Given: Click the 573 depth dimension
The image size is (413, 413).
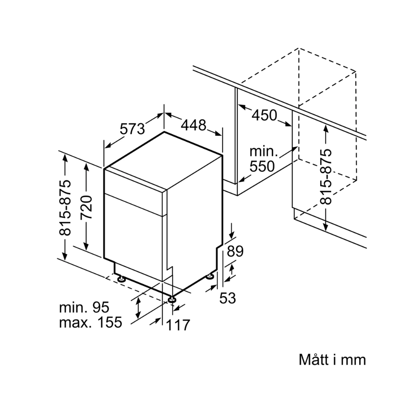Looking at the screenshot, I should point(133,129).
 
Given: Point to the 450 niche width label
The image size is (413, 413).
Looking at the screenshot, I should point(264,115).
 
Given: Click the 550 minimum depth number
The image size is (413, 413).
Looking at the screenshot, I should point(262,166).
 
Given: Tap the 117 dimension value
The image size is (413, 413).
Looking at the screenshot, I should point(178,325).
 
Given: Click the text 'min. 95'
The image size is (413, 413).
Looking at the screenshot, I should point(84,307).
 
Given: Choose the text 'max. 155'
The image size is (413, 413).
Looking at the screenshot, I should point(91,322).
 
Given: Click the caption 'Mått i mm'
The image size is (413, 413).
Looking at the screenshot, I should point(332,359).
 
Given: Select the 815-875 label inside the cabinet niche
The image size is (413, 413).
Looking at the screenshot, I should point(326,176).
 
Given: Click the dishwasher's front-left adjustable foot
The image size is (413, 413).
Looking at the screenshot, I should point(121,279).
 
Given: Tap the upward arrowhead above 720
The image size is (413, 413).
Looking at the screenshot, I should point(86,166).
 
